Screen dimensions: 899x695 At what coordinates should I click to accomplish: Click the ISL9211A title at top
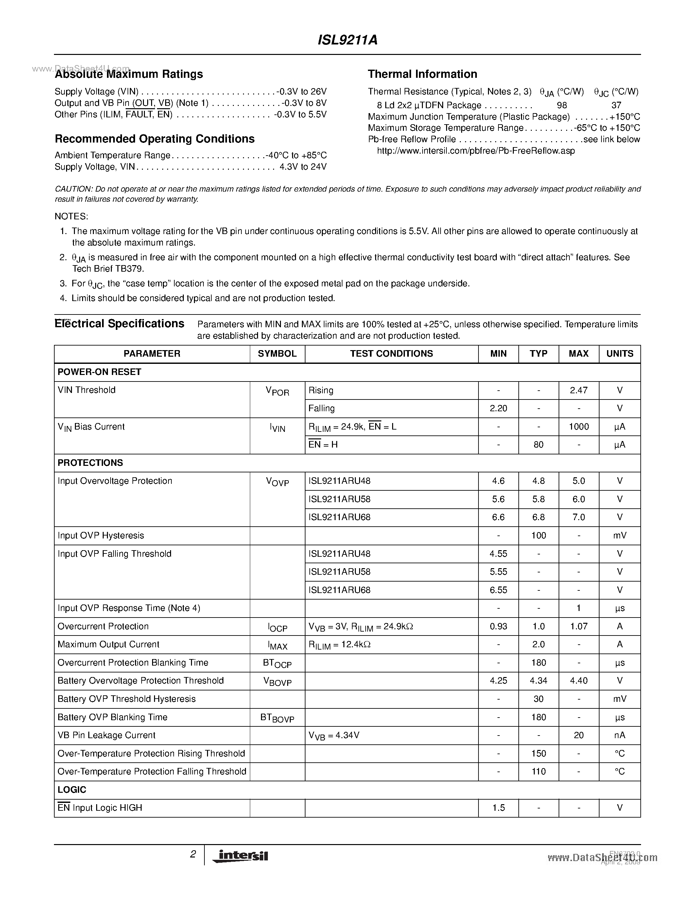347,40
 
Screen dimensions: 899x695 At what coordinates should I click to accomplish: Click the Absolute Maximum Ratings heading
129,74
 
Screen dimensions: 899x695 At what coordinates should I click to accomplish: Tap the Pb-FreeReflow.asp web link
476,151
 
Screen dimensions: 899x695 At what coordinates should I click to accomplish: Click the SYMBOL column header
277,354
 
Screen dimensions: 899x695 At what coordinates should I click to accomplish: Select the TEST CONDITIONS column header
391,354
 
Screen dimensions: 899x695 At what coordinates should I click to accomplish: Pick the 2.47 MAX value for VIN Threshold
579,390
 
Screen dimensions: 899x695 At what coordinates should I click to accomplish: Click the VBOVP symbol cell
277,682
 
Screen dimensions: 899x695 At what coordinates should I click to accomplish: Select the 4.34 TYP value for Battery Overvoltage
538,681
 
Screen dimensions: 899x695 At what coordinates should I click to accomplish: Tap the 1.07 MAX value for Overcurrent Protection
579,626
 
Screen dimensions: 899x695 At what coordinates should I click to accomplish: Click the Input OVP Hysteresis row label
101,535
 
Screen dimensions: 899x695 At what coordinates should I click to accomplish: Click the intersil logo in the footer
240,856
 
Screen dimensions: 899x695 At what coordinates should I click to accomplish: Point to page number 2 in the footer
193,854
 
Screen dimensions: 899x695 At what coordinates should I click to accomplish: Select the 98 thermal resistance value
562,105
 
